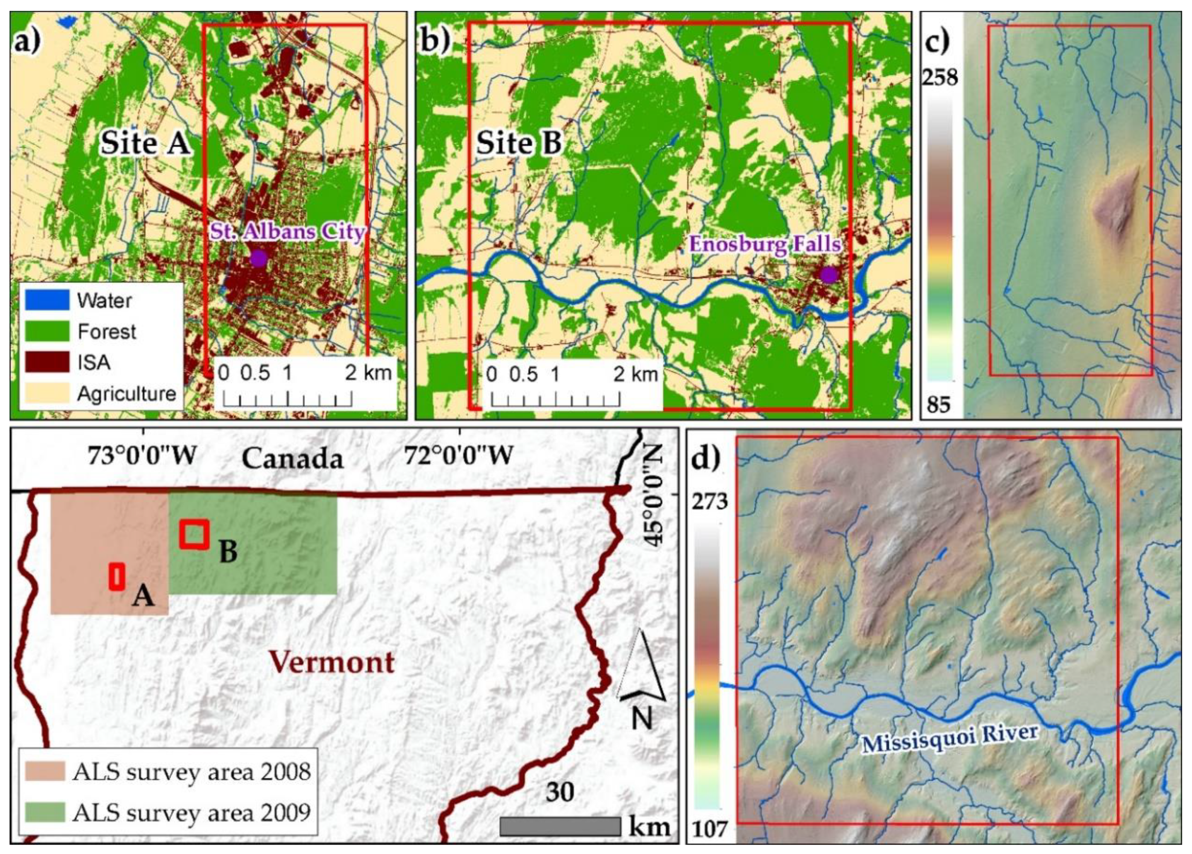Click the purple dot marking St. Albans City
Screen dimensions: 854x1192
(x=258, y=258)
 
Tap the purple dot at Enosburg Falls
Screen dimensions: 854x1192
(x=829, y=275)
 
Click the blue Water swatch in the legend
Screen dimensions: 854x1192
(x=47, y=300)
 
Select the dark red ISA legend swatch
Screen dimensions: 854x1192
(x=47, y=362)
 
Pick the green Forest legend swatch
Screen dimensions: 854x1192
(x=47, y=331)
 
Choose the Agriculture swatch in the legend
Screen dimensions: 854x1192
(x=47, y=393)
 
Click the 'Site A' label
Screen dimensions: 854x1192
(x=146, y=143)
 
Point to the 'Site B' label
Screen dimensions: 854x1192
(x=519, y=143)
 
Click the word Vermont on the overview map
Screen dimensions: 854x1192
(x=333, y=662)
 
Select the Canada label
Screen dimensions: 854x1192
(x=292, y=459)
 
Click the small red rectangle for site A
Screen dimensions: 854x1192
(x=117, y=577)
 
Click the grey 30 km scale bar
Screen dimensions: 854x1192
(x=560, y=826)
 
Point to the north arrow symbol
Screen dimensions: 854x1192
(x=642, y=678)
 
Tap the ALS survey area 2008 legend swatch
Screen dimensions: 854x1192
(x=45, y=772)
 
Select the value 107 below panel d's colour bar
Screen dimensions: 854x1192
(x=711, y=829)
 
